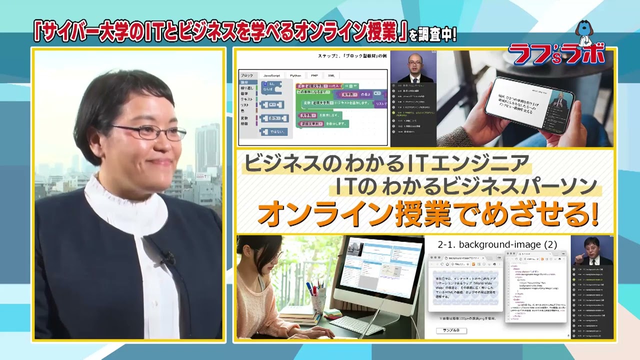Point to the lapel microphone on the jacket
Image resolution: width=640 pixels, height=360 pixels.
coord(168,258)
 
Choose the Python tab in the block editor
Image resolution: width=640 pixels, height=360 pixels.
coord(295,75)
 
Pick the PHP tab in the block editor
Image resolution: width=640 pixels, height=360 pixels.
coord(314,75)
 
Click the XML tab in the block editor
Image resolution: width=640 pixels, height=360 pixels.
coord(331,75)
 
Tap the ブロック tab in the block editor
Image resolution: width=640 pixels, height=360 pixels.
coord(247,75)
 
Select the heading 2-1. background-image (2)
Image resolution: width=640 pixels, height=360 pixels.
coord(496,244)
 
